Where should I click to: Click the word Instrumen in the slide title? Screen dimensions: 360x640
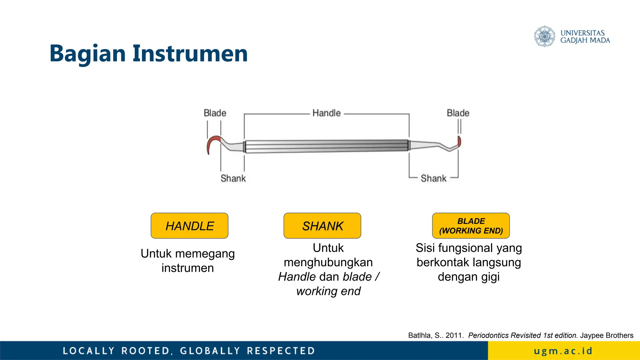(190, 54)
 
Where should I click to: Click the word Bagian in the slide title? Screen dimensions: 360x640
(87, 54)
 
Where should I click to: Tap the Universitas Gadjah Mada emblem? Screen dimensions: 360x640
(544, 37)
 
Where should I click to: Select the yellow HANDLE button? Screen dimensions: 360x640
(189, 226)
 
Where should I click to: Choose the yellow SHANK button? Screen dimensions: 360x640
(322, 226)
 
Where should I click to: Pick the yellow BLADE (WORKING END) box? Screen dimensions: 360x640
(471, 226)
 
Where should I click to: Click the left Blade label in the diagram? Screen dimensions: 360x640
(215, 113)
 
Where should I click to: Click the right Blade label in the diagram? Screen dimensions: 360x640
(458, 113)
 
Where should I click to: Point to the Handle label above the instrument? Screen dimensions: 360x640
(326, 113)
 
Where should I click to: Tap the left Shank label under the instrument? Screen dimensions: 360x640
(233, 178)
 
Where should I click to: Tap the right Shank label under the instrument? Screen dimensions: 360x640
(433, 178)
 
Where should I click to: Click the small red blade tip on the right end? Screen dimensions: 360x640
(459, 141)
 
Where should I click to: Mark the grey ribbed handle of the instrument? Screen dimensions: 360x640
(326, 146)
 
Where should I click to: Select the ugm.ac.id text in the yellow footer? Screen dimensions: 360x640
(563, 351)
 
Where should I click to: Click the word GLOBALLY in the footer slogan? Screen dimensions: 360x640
(210, 351)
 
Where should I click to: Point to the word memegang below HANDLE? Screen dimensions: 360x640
(205, 254)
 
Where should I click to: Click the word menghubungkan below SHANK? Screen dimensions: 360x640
(328, 262)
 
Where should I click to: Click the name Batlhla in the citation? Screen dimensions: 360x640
(420, 335)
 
